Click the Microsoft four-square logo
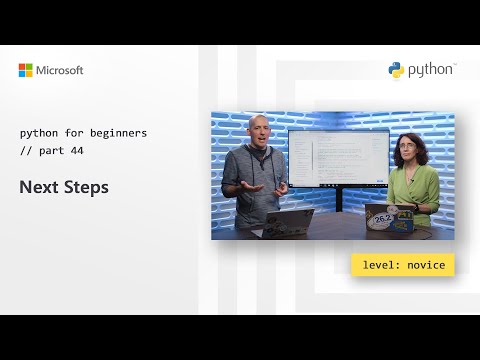[x=26, y=70]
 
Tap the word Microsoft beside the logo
[x=61, y=70]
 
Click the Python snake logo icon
[x=397, y=69]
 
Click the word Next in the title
[x=38, y=187]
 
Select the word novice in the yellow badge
[x=427, y=265]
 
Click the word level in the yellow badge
[x=378, y=265]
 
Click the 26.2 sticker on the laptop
[x=381, y=218]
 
